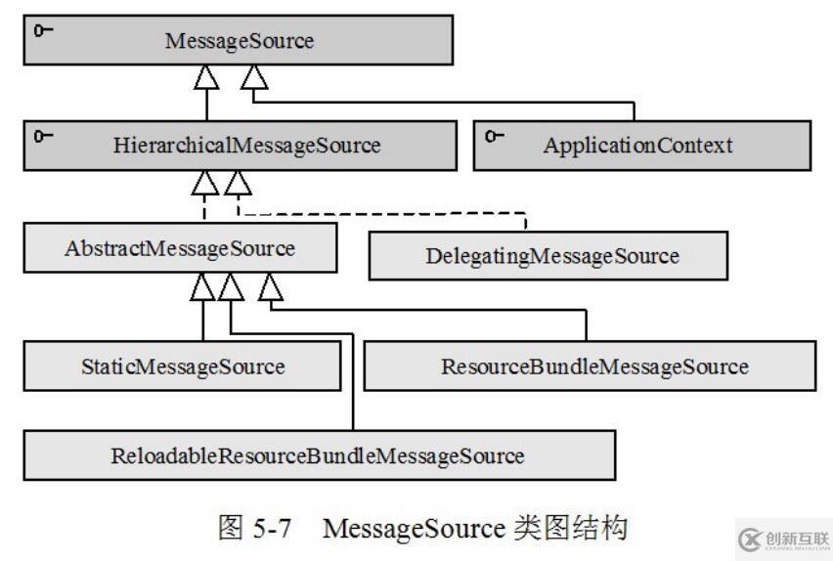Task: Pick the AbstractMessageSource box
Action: click(182, 247)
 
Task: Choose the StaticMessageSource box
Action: click(183, 367)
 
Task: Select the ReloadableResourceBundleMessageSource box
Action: click(318, 454)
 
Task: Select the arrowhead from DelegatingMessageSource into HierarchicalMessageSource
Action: click(237, 181)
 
